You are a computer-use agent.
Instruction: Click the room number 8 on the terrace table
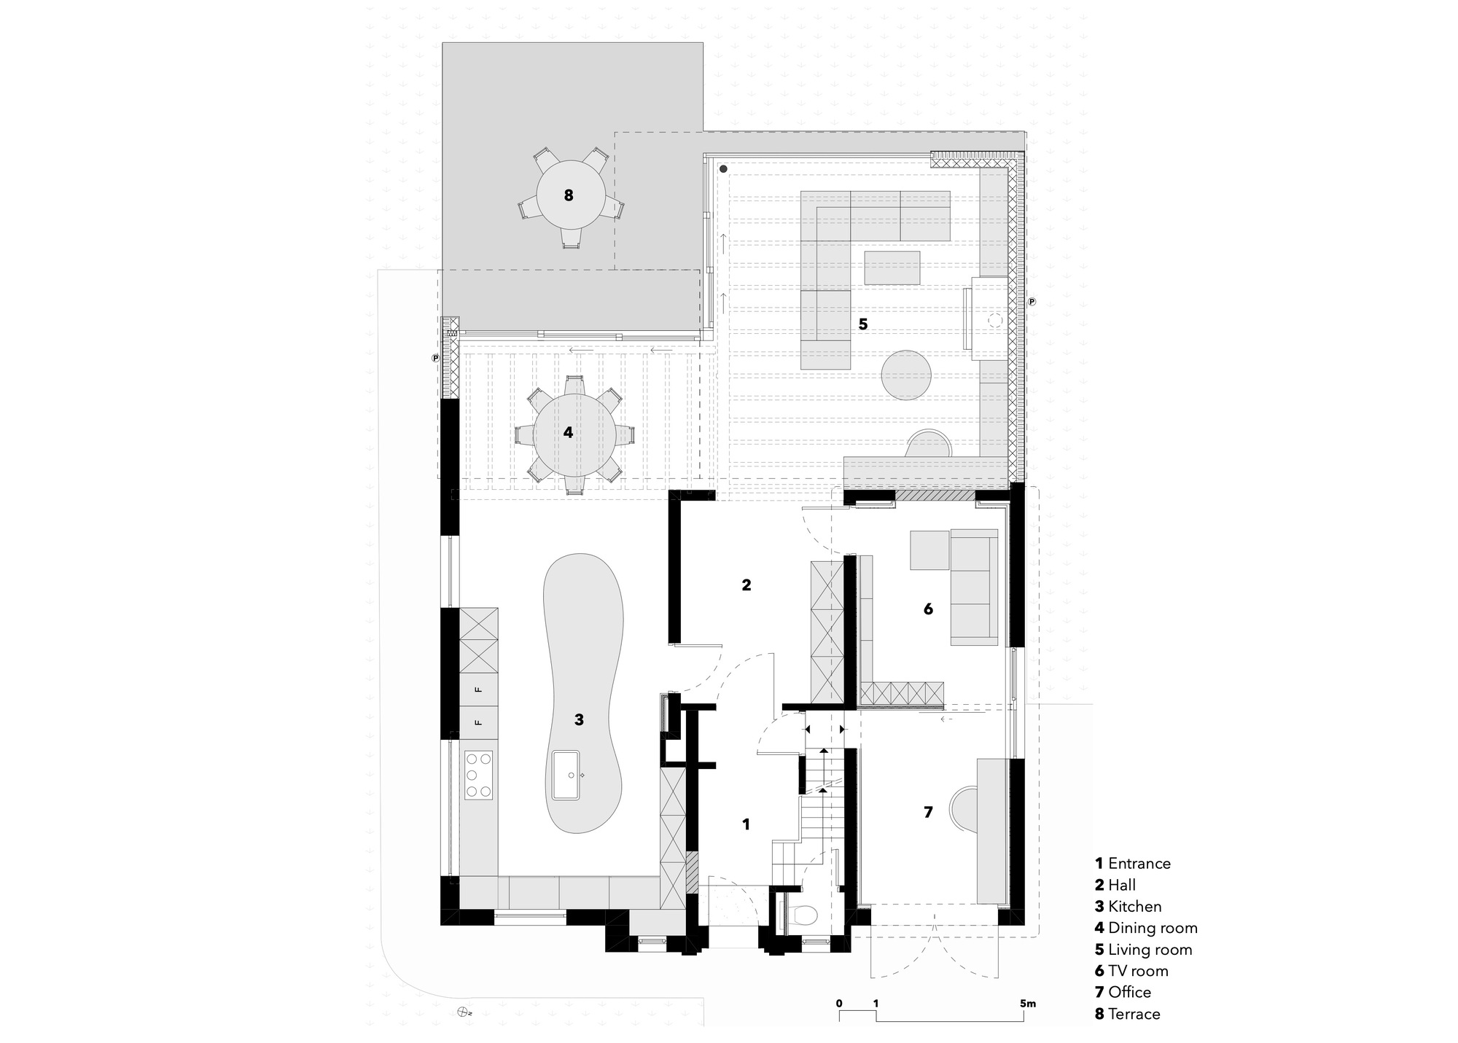click(569, 195)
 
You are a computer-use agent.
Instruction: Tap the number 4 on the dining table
click(568, 433)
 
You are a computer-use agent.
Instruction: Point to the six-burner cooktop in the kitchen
click(479, 775)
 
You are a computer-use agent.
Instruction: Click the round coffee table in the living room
click(907, 375)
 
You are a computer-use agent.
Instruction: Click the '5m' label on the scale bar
click(1027, 1004)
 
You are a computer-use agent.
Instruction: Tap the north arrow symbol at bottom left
click(462, 1012)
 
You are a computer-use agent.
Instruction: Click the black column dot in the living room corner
click(722, 169)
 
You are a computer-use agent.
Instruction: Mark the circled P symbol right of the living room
click(1032, 301)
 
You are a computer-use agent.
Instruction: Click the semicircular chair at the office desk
click(962, 807)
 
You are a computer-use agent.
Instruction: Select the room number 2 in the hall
click(746, 585)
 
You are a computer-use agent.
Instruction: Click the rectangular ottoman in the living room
click(892, 268)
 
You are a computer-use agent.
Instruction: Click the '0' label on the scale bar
click(839, 1004)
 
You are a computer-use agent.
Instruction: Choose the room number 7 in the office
click(928, 812)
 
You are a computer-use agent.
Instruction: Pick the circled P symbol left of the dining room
click(435, 358)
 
